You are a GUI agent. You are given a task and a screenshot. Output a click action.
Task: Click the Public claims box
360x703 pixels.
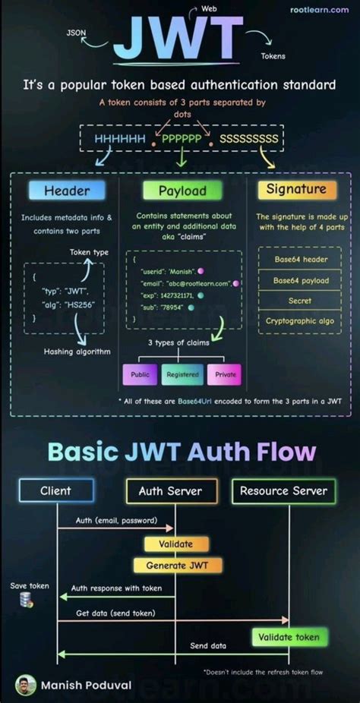coord(141,374)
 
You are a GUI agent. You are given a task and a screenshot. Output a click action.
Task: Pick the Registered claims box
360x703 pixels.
coord(183,374)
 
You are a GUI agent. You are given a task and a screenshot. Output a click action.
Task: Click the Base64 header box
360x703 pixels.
coord(302,259)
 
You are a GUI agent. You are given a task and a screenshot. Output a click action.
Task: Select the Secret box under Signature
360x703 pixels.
coord(302,301)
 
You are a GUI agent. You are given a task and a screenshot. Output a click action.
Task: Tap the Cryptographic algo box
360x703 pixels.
coord(302,321)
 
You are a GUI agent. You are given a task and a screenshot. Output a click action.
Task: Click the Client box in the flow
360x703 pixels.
coord(55,491)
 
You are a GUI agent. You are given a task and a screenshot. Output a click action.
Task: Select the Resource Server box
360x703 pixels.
coord(283,491)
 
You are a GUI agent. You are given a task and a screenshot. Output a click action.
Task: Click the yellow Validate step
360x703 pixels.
coord(175,544)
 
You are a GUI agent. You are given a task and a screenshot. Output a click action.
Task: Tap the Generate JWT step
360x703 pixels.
coord(178,566)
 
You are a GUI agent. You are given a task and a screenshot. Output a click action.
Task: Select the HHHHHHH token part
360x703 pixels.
coord(120,139)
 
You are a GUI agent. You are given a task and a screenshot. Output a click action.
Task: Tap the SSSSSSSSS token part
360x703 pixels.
coord(249,139)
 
